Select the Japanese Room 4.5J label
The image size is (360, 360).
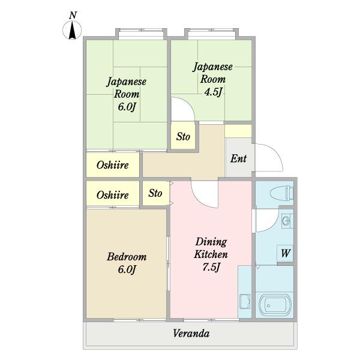(212, 78)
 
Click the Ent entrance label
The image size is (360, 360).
(239, 159)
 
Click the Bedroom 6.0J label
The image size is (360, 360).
(126, 263)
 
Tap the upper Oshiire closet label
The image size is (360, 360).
(113, 165)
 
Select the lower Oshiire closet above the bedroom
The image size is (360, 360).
(113, 195)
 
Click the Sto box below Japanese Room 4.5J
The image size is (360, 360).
(183, 137)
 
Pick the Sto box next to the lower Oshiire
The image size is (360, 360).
(155, 193)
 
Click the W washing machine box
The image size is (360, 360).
(285, 254)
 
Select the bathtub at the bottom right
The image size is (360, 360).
(275, 305)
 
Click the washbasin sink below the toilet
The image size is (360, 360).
(286, 220)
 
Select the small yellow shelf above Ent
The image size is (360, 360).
(238, 131)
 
